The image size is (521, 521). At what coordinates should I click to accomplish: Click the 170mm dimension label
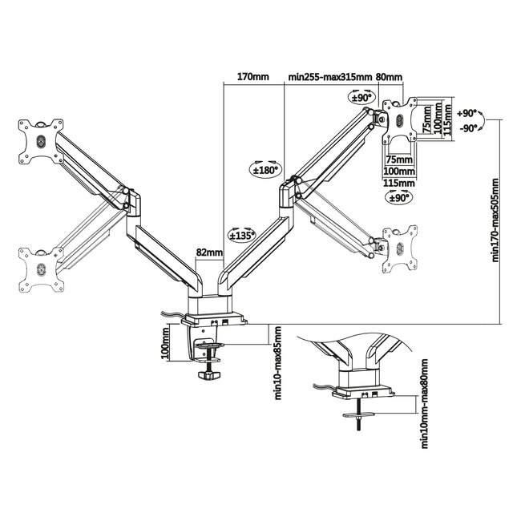click(253, 78)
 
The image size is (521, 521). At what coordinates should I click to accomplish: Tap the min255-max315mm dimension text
click(330, 78)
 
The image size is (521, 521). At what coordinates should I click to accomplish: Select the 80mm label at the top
click(389, 78)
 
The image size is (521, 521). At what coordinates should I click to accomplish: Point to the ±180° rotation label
click(265, 169)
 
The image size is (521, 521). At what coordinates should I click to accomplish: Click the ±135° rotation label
click(241, 236)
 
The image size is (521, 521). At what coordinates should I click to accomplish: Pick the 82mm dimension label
click(208, 252)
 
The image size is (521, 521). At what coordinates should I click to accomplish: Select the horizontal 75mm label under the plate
click(397, 159)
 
